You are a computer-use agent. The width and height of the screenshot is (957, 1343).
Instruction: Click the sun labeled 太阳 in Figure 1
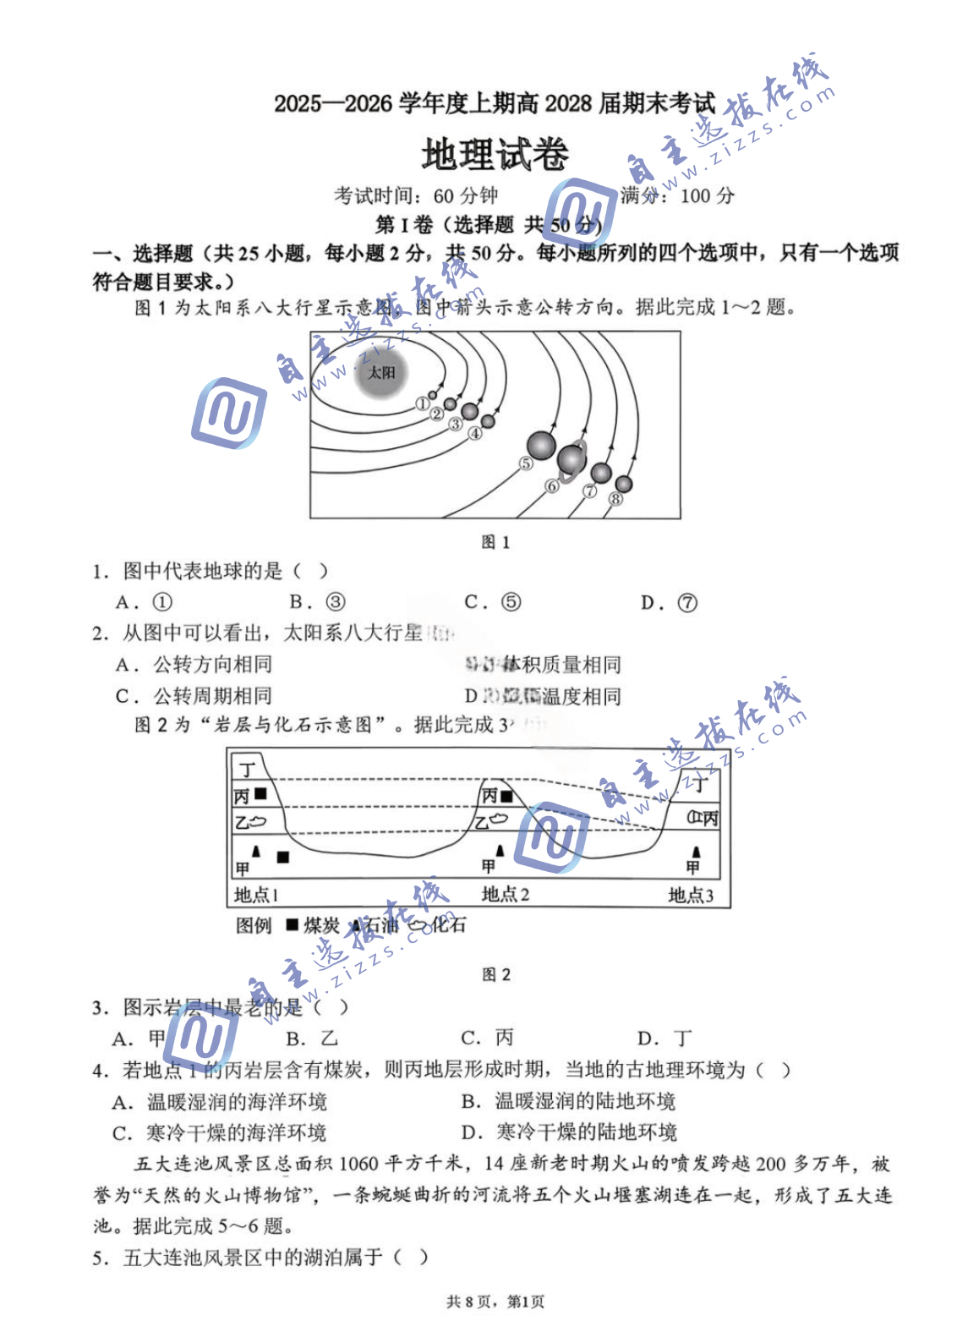click(382, 373)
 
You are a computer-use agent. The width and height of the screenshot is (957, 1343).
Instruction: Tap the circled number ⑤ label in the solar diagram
click(527, 463)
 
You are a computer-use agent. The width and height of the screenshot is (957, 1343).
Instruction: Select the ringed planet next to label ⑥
click(571, 459)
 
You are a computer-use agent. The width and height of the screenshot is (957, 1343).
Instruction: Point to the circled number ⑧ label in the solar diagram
click(615, 499)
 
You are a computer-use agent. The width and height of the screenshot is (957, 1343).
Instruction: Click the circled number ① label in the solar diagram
click(422, 404)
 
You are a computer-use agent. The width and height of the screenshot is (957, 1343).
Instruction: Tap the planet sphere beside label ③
click(469, 413)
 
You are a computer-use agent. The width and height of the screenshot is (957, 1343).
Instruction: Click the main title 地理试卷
click(495, 156)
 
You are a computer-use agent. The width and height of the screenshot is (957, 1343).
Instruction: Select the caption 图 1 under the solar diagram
click(495, 542)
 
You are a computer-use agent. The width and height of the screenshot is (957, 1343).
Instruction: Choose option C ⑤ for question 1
click(493, 602)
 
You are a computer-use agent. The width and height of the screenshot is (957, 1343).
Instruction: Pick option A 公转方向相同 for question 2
click(195, 665)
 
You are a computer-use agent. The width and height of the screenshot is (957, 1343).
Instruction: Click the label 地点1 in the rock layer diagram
click(256, 895)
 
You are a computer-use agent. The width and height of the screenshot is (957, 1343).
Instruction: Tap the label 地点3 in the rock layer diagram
click(691, 895)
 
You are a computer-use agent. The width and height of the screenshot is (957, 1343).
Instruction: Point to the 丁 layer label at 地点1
click(248, 769)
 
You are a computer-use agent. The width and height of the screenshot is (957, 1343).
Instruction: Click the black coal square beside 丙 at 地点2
click(507, 796)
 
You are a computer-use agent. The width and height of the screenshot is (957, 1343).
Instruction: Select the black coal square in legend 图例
click(293, 925)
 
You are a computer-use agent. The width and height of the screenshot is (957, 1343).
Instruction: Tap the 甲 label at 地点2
click(489, 866)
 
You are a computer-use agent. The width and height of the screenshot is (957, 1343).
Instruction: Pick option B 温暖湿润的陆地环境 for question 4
click(569, 1101)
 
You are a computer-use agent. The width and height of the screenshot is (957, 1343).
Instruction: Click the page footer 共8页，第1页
click(495, 1302)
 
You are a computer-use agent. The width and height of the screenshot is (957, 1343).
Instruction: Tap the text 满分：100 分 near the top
click(678, 196)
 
